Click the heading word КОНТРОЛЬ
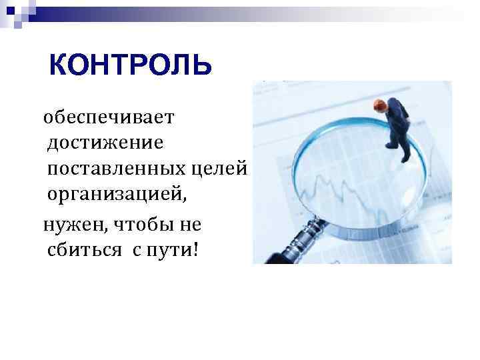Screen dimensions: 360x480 pos(131,65)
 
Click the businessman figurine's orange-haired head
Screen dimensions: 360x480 pos(380,105)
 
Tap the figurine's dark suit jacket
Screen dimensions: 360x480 pos(397,117)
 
